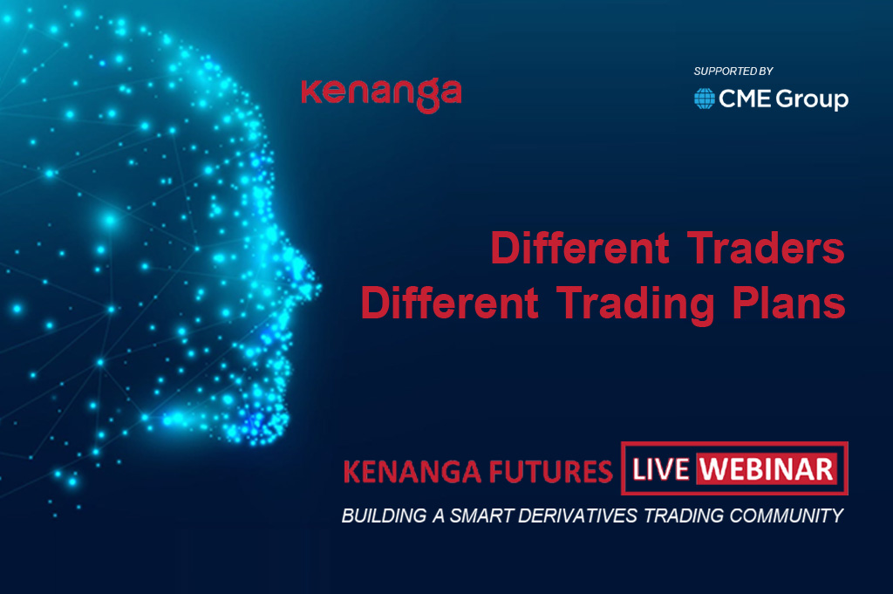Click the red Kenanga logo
pos(381,94)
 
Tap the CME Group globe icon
pos(705,99)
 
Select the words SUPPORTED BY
pos(733,72)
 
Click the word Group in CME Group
pos(812,99)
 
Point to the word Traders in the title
pos(766,248)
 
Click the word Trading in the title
pos(635,304)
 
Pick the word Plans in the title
pos(788,302)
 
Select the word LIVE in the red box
pos(661,469)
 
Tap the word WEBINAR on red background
pos(766,469)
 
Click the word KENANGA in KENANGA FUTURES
pos(412,472)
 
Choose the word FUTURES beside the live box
pos(550,472)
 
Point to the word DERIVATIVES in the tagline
pos(577,516)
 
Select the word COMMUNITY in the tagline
pos(787,516)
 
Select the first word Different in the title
pos(580,248)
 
